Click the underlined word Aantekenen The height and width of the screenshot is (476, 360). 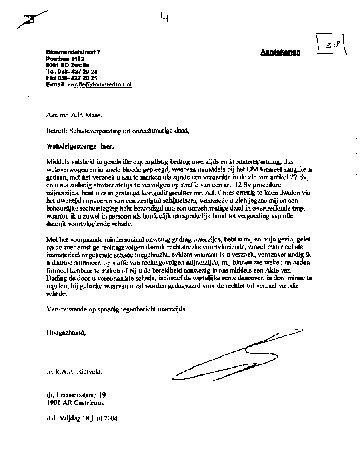click(280, 52)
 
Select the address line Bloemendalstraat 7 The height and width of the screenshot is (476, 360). click(73, 52)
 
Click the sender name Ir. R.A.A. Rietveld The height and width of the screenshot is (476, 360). click(74, 371)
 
